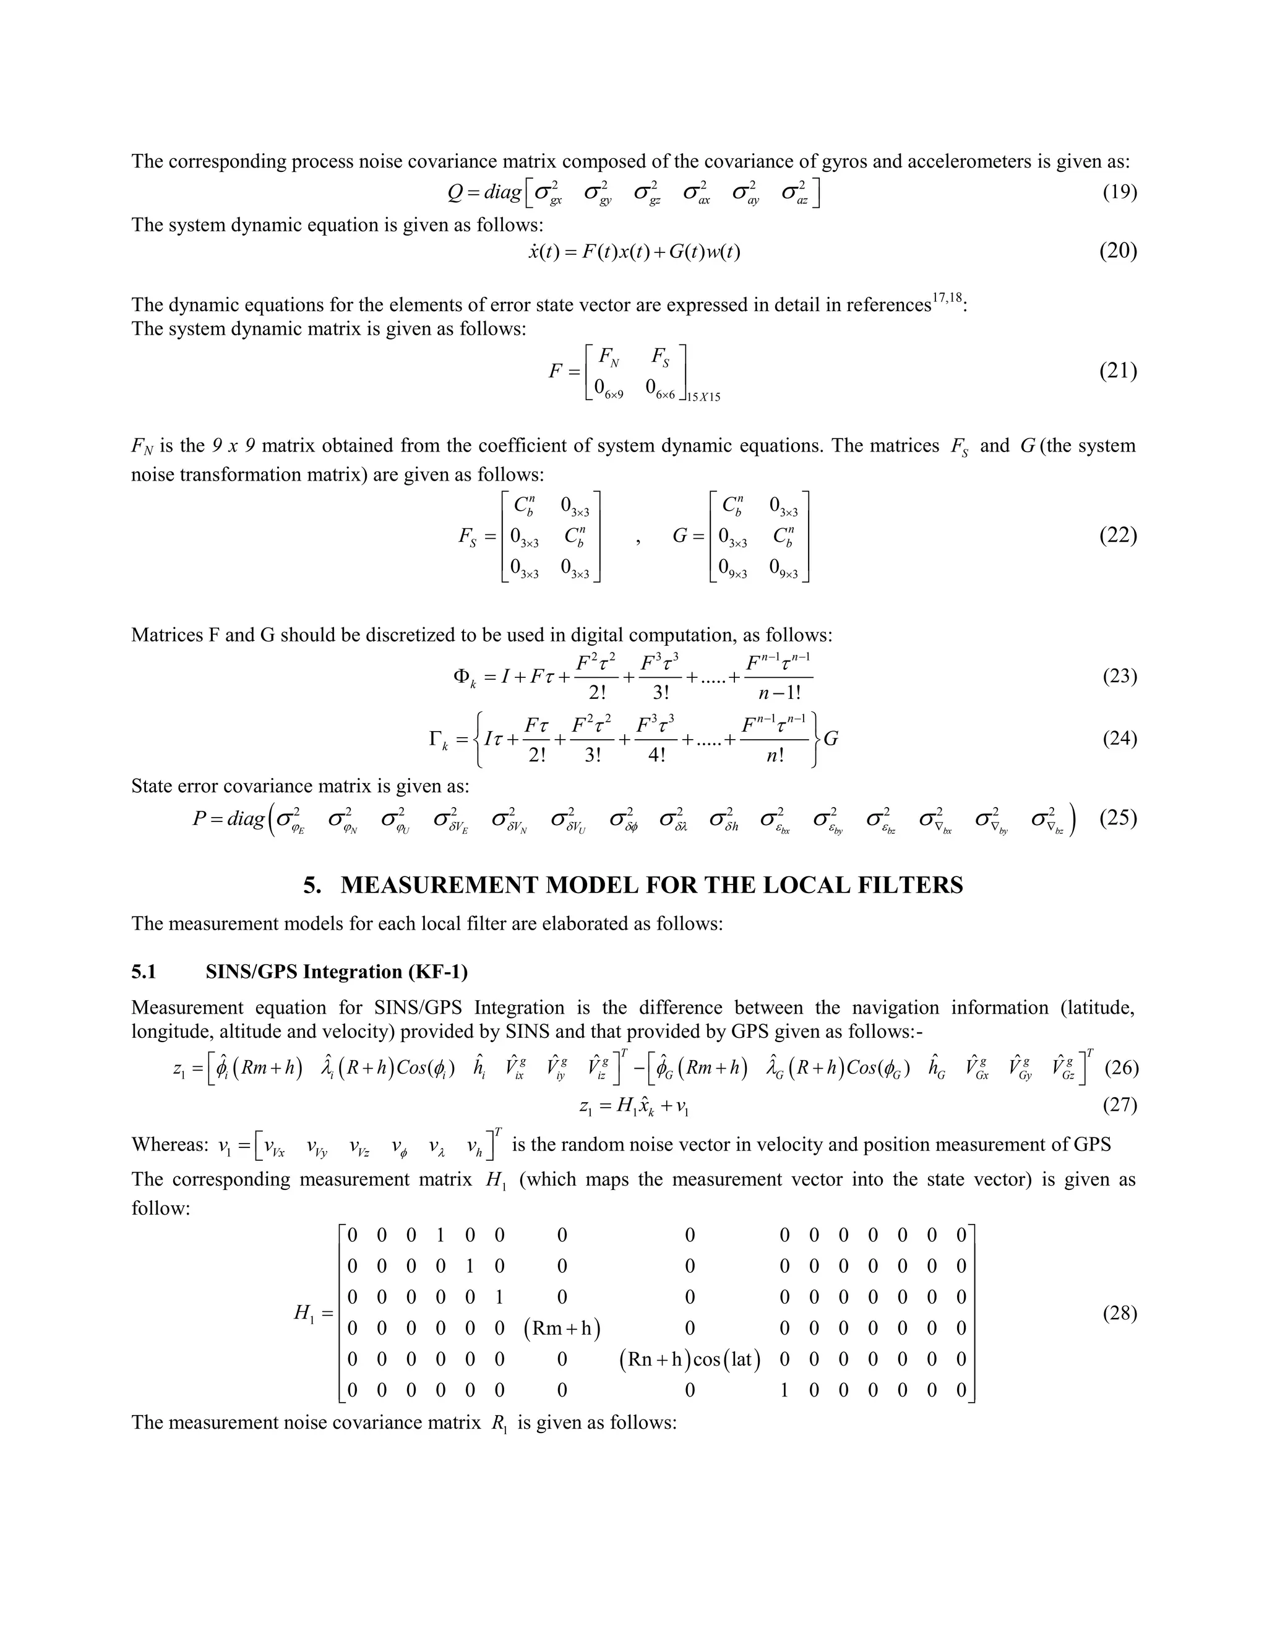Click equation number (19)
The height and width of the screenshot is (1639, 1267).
tap(1119, 193)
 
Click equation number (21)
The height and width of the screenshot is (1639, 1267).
tap(1118, 370)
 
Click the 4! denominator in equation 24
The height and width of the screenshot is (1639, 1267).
tap(655, 755)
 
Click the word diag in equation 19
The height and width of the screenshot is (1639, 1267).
tap(502, 193)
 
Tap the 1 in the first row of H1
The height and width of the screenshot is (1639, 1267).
tap(440, 1235)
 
